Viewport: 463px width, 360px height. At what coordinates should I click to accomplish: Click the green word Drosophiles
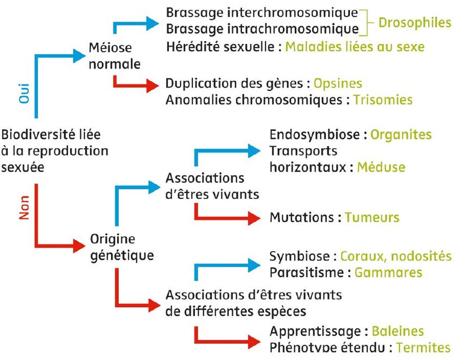tap(415, 23)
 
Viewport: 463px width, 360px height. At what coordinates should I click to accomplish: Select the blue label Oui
tap(24, 94)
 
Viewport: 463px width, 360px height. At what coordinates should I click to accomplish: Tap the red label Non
tap(24, 208)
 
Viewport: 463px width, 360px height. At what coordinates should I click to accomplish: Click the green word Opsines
tap(338, 83)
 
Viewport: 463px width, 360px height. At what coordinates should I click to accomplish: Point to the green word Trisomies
tap(383, 100)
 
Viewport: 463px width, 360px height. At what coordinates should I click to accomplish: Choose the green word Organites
tap(401, 135)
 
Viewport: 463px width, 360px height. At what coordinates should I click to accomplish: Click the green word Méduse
tap(381, 167)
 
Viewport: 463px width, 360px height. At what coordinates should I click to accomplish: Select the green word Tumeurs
tap(372, 217)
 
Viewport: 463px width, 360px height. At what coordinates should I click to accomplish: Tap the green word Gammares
tap(388, 272)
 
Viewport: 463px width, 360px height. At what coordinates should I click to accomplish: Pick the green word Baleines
tap(398, 331)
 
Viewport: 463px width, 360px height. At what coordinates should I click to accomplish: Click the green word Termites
tap(423, 347)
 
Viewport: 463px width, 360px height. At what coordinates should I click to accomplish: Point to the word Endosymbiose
tap(314, 135)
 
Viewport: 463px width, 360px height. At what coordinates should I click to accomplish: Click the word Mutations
tap(301, 217)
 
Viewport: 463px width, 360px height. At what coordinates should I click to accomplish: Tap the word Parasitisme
tap(307, 272)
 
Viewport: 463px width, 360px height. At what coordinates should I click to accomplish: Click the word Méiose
tap(110, 47)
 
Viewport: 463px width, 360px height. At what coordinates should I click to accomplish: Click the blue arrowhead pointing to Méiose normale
tap(79, 55)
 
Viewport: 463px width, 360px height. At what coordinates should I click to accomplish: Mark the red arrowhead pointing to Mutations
tap(254, 218)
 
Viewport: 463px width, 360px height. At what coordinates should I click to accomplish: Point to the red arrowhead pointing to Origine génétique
tap(79, 246)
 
